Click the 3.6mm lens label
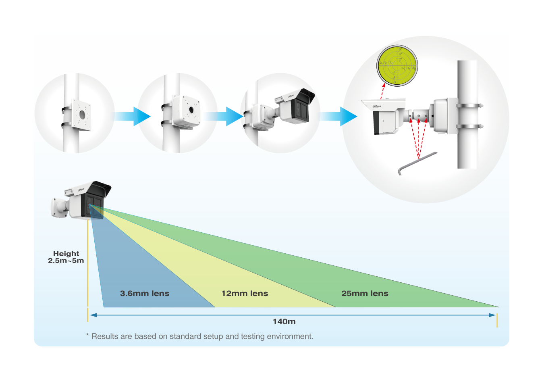[x=145, y=294]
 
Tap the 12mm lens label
[x=245, y=294]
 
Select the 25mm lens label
[x=365, y=294]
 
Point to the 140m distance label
[x=284, y=322]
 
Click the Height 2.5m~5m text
[x=66, y=257]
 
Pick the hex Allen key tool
[x=417, y=163]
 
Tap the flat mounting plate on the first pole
[x=81, y=115]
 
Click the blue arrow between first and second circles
[x=132, y=117]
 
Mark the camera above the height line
[x=83, y=200]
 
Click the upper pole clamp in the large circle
[x=469, y=106]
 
